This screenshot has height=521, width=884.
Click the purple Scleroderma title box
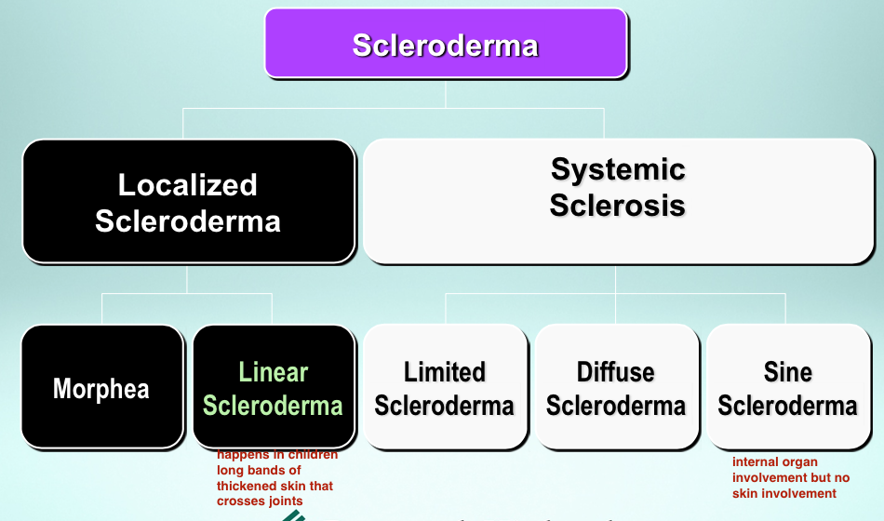[x=446, y=44]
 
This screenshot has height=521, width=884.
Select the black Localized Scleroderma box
[x=188, y=202]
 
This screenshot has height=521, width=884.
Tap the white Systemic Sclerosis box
[x=618, y=201]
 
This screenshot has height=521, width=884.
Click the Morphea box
[x=101, y=387]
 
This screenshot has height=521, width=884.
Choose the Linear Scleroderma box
[x=274, y=387]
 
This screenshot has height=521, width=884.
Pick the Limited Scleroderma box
[x=445, y=387]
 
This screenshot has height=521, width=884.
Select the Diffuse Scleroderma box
[x=616, y=387]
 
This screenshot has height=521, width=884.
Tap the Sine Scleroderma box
[x=788, y=387]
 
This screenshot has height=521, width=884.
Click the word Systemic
[x=618, y=169]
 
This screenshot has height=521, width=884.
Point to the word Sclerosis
[x=618, y=205]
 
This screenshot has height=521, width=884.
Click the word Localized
[x=188, y=184]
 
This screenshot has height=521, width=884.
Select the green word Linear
[x=274, y=372]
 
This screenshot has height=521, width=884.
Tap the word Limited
[x=445, y=372]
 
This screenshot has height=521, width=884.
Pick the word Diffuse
[x=616, y=372]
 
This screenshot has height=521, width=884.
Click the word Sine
[x=788, y=372]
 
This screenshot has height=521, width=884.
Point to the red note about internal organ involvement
[x=791, y=476]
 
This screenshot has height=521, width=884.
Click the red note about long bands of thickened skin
[x=276, y=477]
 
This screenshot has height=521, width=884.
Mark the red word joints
[x=283, y=501]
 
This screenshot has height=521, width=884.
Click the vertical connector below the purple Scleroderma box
[x=446, y=93]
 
